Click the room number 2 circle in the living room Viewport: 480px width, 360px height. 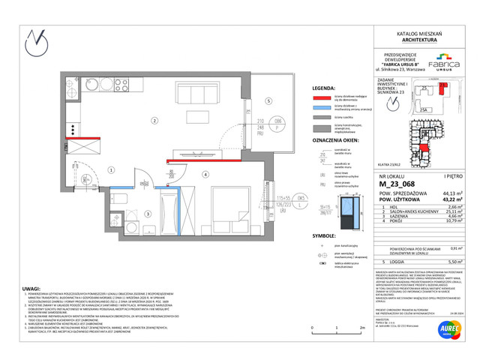pos(154,120)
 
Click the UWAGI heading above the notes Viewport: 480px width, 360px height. pos(33,277)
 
